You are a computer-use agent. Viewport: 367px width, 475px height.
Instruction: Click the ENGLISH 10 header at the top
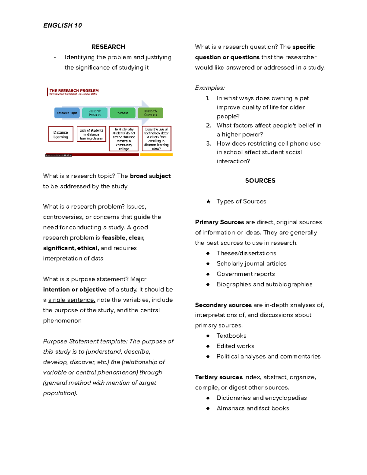pyautogui.click(x=62, y=25)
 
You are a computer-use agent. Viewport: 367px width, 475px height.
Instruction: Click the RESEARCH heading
pyautogui.click(x=108, y=47)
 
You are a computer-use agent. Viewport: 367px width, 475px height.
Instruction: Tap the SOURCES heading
pyautogui.click(x=260, y=181)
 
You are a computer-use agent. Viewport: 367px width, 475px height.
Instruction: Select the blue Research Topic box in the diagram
pyautogui.click(x=67, y=113)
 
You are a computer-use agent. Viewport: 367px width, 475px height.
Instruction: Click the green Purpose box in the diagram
pyautogui.click(x=123, y=113)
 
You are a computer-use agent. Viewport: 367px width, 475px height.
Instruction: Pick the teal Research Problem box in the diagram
pyautogui.click(x=95, y=113)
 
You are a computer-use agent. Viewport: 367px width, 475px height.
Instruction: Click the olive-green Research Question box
pyautogui.click(x=150, y=113)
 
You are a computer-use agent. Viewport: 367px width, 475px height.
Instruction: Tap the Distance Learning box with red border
pyautogui.click(x=61, y=134)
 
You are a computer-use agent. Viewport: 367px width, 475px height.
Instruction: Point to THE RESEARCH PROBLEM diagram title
pyautogui.click(x=74, y=91)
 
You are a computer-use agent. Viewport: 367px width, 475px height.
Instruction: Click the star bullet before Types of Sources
pyautogui.click(x=208, y=202)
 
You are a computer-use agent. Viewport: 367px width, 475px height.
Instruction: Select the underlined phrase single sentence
pyautogui.click(x=72, y=300)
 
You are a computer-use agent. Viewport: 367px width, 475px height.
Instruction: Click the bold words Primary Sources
pyautogui.click(x=219, y=222)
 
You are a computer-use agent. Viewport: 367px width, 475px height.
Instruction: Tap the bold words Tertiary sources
pyautogui.click(x=219, y=377)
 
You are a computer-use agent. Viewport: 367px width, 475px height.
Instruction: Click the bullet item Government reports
pyautogui.click(x=246, y=274)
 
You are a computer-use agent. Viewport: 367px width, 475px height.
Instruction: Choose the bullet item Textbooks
pyautogui.click(x=231, y=336)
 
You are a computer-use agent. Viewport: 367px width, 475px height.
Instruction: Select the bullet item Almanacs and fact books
pyautogui.click(x=253, y=408)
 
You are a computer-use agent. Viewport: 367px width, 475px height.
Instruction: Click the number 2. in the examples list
pyautogui.click(x=209, y=125)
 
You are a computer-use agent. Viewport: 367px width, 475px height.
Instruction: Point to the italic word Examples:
pyautogui.click(x=210, y=88)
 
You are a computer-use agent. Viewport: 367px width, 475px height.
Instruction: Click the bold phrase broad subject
pyautogui.click(x=150, y=176)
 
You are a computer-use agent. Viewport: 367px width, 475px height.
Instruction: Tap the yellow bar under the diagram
pyautogui.click(x=156, y=155)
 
